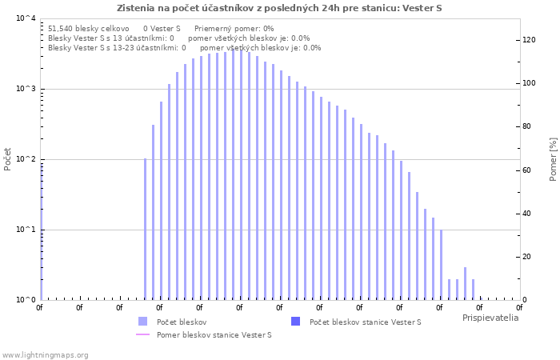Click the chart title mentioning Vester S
[x=279, y=8]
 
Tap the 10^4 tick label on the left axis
[x=26, y=18]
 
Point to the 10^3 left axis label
[x=26, y=89]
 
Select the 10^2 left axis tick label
[x=26, y=159]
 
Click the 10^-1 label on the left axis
[x=26, y=230]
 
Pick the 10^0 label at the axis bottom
[x=26, y=300]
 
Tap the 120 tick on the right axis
[x=530, y=40]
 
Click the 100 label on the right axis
[x=530, y=83]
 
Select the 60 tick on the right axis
[x=526, y=170]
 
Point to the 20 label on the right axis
[x=526, y=257]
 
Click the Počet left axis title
[x=7, y=159]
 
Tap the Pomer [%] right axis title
[x=553, y=159]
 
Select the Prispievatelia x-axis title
[x=490, y=318]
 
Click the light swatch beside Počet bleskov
[x=143, y=322]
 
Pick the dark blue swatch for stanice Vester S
[x=296, y=322]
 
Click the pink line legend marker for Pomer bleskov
[x=143, y=334]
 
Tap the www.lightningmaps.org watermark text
[x=45, y=355]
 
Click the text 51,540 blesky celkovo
[x=89, y=29]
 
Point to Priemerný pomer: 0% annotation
[x=234, y=29]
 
